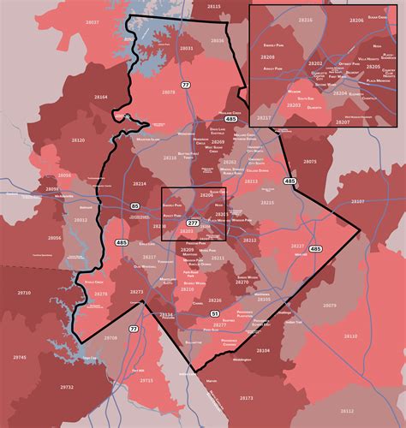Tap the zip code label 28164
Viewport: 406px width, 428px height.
tap(101, 98)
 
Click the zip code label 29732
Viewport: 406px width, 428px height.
tap(66, 388)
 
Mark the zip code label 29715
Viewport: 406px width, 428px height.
tap(146, 380)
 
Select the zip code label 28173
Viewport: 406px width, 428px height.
tap(247, 398)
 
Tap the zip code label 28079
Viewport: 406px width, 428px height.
tap(330, 306)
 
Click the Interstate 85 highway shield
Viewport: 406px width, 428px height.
tap(135, 206)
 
